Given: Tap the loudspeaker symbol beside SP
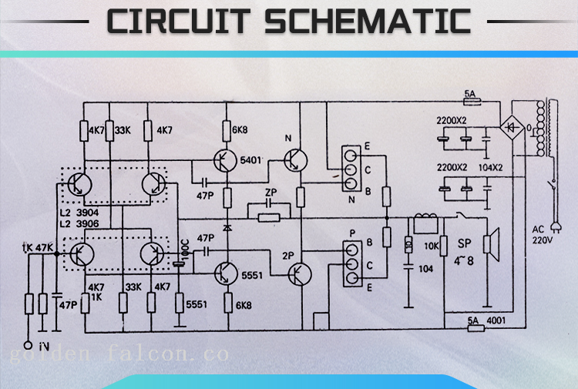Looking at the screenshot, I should (x=488, y=244).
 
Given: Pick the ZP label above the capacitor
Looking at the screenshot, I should (x=270, y=192).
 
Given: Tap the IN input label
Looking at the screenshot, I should (x=45, y=346).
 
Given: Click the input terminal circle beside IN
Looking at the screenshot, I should (x=29, y=345).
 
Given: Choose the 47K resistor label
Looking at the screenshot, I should (x=44, y=248).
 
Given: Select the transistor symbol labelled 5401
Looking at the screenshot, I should (x=224, y=160).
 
